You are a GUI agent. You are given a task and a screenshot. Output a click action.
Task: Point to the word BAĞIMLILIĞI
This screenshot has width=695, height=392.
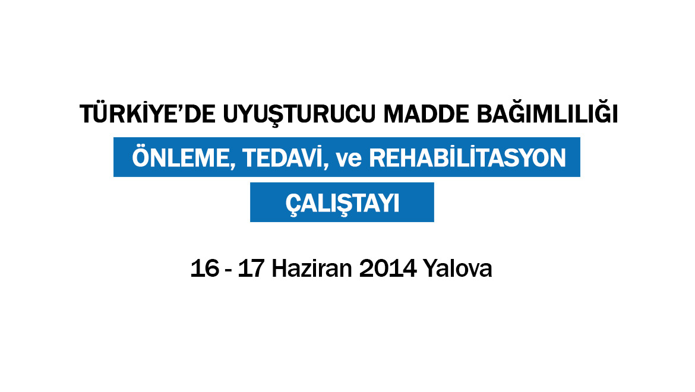click(547, 113)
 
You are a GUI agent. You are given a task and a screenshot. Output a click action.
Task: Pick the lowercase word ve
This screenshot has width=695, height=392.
click(349, 159)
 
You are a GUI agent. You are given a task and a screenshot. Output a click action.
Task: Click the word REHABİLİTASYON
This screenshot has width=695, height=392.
click(467, 157)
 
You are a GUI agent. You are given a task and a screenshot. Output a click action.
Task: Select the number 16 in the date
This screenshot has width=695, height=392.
click(205, 268)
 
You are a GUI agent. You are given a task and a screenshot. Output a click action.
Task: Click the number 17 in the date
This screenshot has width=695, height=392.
click(251, 268)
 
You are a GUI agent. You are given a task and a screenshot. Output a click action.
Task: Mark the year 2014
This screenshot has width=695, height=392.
click(388, 268)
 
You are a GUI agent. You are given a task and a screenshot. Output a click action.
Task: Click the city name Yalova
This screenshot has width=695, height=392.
click(457, 268)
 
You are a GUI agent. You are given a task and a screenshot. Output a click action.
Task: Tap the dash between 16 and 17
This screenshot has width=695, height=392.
click(229, 271)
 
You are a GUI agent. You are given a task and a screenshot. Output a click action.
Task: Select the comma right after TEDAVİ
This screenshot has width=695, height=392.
click(326, 167)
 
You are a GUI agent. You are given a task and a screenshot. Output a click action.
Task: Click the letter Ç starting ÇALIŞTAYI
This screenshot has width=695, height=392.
click(293, 205)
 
